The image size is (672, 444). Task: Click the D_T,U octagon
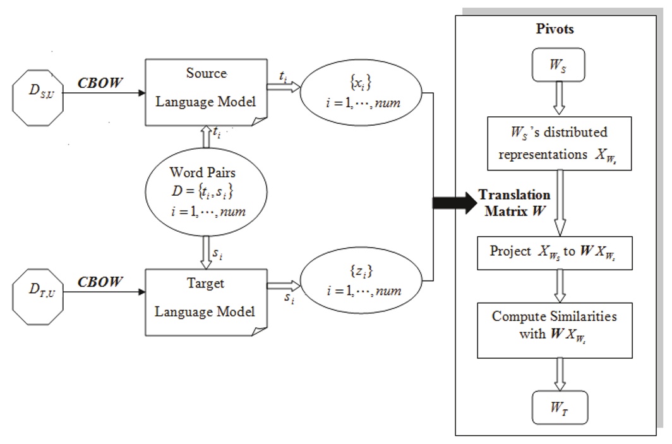coord(39,292)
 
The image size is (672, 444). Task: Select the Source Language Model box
coord(205,93)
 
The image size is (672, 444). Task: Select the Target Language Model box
coord(205,301)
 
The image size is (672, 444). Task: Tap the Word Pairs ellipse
coord(203,192)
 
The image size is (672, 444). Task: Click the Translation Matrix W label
coord(514,203)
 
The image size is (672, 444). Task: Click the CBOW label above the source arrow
coord(100,83)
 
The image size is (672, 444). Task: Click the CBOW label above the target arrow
coord(100,282)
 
